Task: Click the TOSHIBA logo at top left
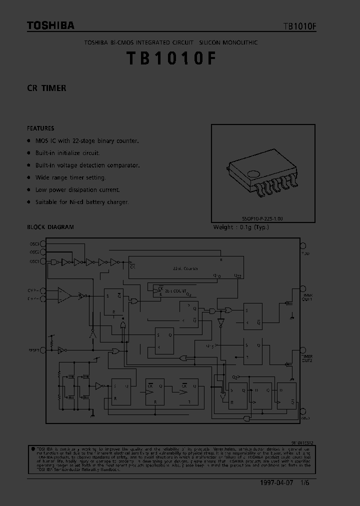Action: point(50,25)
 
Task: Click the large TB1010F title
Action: point(171,58)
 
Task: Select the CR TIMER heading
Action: point(46,88)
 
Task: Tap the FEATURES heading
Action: point(40,128)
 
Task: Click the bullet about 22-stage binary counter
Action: point(87,141)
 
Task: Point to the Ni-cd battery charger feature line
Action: point(82,202)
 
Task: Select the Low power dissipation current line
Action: point(77,190)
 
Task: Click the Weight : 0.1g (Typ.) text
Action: point(241,227)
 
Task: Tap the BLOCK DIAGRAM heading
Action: point(50,227)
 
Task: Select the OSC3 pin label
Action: point(34,244)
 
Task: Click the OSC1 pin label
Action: point(34,261)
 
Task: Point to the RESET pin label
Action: point(33,350)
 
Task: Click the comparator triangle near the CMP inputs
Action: point(64,295)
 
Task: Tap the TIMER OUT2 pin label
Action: point(307,358)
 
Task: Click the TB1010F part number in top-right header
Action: point(299,26)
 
